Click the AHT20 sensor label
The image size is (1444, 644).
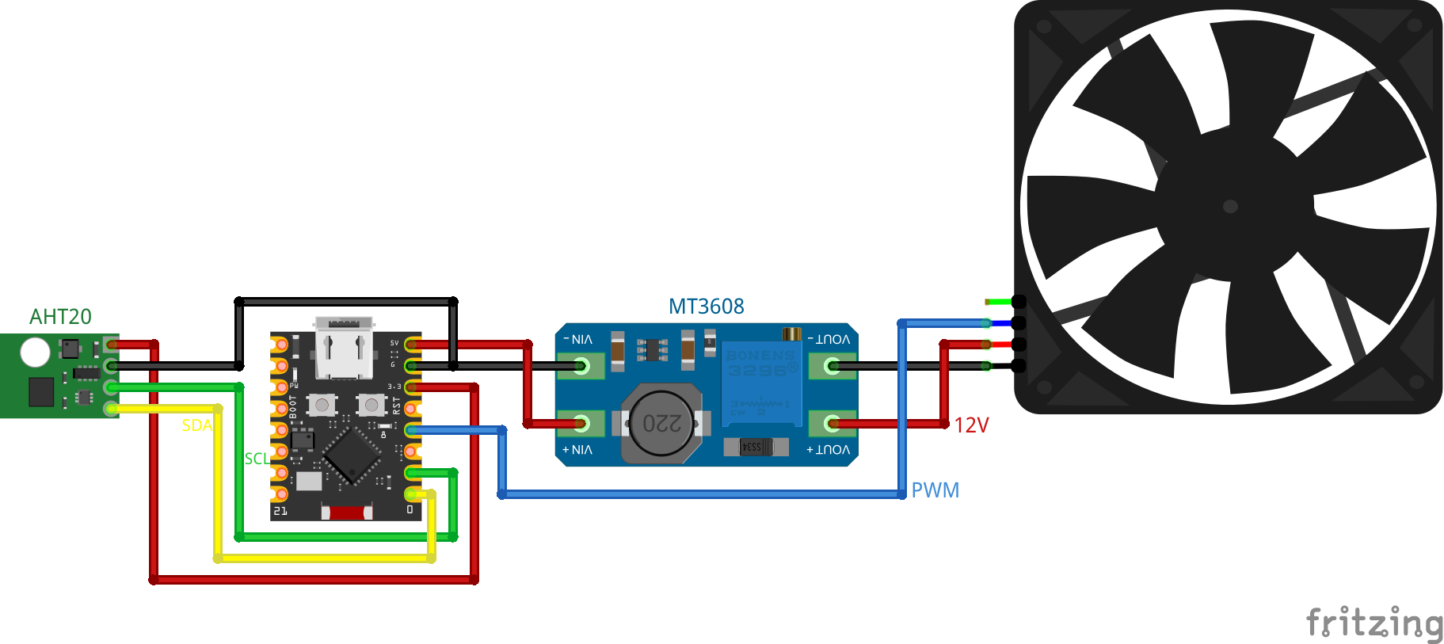coord(60,317)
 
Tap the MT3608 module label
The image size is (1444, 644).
coord(706,307)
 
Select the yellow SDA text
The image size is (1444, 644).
coord(196,425)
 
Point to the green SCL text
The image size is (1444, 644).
coord(257,459)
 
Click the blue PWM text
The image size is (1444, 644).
coord(935,490)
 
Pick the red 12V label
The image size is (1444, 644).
coord(971,425)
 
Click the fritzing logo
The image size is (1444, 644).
coord(1374,623)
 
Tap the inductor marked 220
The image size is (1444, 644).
coord(661,424)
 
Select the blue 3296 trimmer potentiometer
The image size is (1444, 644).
coord(760,380)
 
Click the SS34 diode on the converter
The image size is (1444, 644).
coord(755,447)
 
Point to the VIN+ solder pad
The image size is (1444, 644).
coord(581,424)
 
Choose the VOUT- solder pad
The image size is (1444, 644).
coord(832,366)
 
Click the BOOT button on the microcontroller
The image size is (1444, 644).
coord(322,406)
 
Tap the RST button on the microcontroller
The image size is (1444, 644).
coord(371,406)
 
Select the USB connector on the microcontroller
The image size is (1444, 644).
coord(344,349)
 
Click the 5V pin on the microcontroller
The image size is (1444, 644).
coord(412,345)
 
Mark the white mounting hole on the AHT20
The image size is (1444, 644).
coord(35,352)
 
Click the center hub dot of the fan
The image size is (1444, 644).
coord(1230,207)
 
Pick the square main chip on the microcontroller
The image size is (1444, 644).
coord(352,456)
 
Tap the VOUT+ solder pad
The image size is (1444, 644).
coord(832,424)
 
